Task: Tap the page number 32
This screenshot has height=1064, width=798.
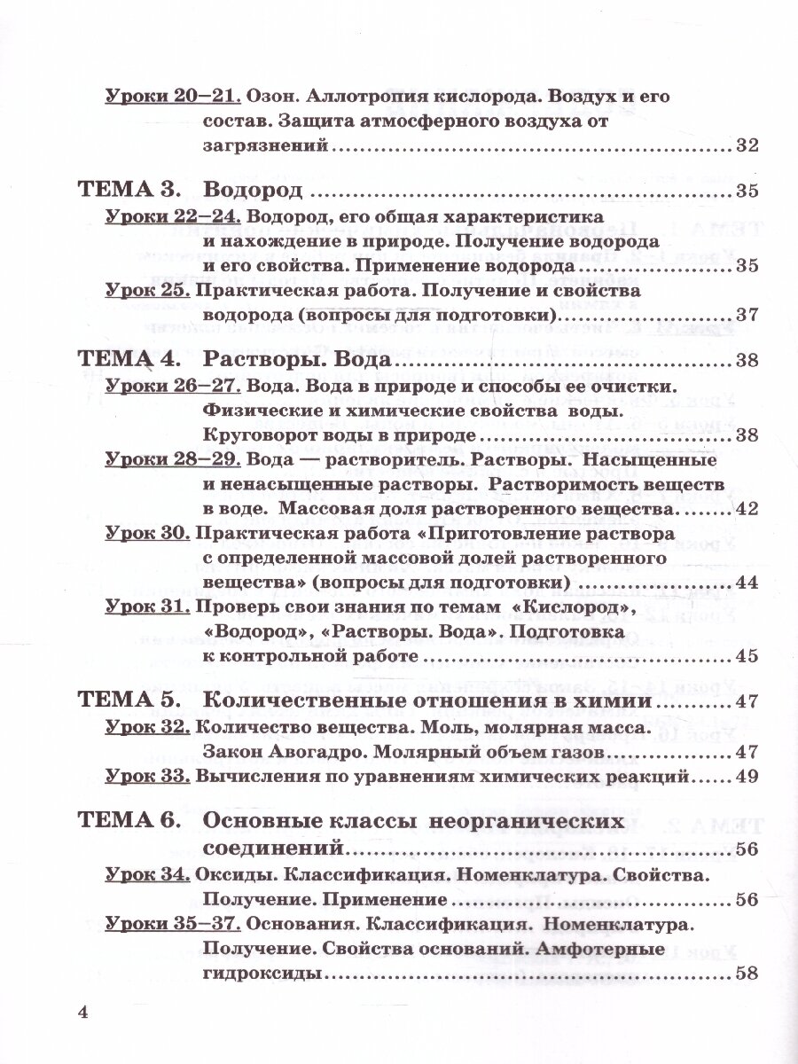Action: (747, 146)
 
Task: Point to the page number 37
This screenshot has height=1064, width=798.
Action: (747, 315)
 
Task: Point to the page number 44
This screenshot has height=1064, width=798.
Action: (747, 583)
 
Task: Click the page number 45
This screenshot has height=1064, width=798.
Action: (747, 657)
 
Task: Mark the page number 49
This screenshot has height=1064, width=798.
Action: (747, 777)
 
